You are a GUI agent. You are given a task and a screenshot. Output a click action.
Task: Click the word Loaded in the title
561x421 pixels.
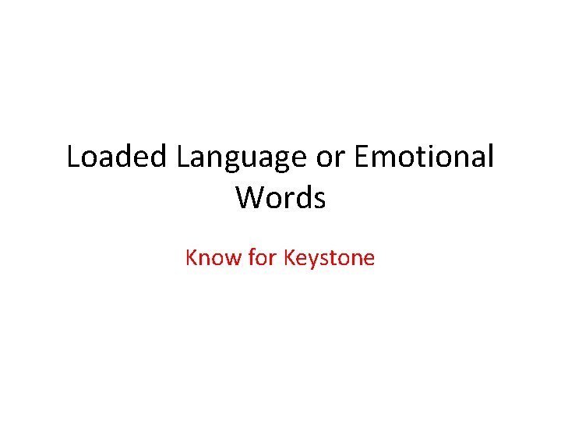(x=118, y=157)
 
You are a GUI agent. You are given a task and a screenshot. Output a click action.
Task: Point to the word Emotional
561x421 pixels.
(x=424, y=157)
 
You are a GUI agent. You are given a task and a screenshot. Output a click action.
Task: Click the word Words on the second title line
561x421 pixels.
(x=280, y=198)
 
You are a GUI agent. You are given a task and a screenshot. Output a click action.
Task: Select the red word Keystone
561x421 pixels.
(x=329, y=258)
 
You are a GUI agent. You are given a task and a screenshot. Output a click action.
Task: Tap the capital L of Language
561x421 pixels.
(x=182, y=157)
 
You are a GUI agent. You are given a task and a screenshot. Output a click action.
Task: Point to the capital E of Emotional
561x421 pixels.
(x=361, y=157)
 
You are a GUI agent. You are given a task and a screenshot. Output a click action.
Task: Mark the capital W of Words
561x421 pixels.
(x=250, y=198)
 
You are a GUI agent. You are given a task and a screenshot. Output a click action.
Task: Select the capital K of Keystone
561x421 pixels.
(x=289, y=257)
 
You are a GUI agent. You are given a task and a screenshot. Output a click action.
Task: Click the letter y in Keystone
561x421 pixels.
(x=312, y=260)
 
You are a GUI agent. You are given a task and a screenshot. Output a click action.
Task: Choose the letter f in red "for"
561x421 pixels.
(x=252, y=257)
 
